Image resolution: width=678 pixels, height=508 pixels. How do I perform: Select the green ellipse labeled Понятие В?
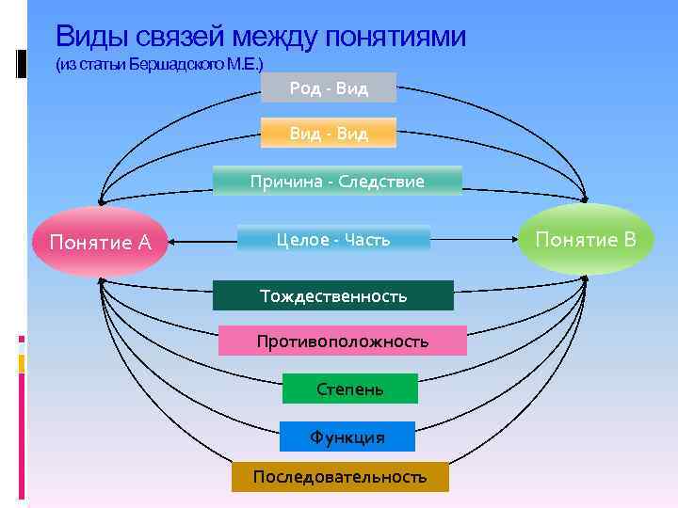(x=586, y=239)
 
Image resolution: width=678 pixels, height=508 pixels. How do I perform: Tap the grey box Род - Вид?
(x=329, y=87)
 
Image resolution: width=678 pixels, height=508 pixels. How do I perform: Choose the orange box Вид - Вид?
(x=329, y=134)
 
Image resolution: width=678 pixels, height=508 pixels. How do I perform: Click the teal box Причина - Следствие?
(x=337, y=181)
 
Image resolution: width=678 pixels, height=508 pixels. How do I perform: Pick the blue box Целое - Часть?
(x=333, y=239)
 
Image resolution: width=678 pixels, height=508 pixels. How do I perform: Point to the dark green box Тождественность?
(x=333, y=295)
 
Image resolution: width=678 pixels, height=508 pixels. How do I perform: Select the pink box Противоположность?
(x=343, y=341)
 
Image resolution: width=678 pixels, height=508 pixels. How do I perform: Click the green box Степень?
(x=350, y=389)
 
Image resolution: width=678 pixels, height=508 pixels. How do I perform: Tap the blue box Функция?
(x=347, y=437)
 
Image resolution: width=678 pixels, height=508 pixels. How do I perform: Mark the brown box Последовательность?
(x=339, y=477)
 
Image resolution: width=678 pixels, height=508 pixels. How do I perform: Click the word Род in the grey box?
(x=305, y=87)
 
